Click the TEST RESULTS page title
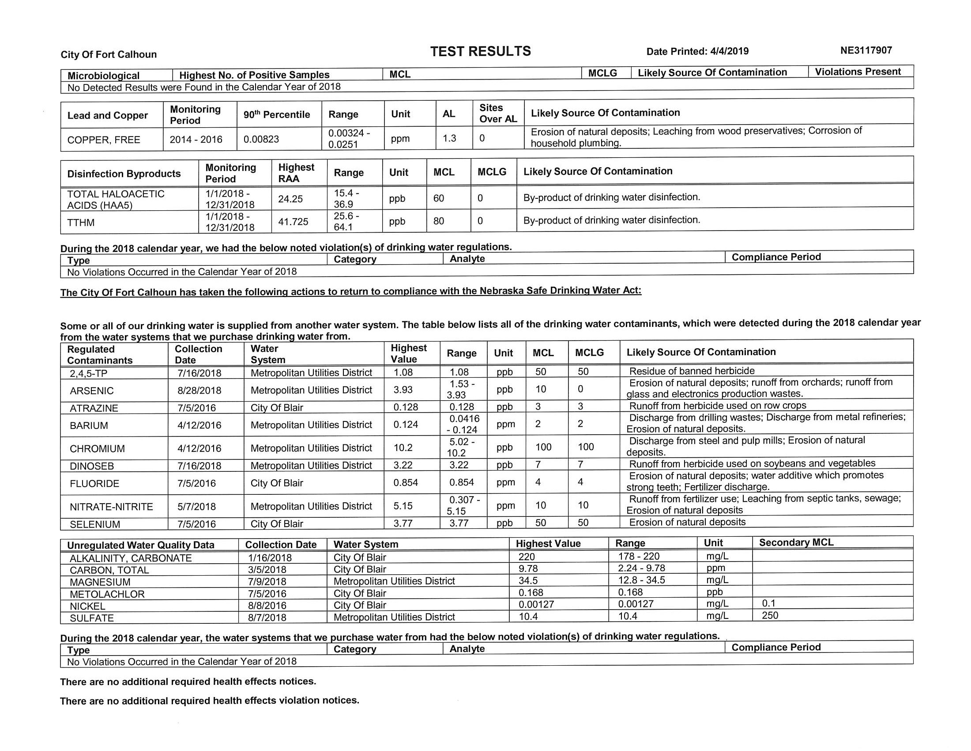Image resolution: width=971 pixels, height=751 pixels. point(480,51)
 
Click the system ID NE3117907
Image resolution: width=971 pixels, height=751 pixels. point(866,50)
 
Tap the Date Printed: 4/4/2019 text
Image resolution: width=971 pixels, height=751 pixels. point(697,52)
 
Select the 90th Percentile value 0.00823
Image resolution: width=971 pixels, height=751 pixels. point(261,139)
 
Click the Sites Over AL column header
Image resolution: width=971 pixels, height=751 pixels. point(498,113)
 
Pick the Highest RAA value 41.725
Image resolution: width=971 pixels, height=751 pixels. point(293,222)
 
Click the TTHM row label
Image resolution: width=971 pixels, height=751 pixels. point(80,223)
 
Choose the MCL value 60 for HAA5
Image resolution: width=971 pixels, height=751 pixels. point(438,198)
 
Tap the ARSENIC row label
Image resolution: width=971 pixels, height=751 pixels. point(92,391)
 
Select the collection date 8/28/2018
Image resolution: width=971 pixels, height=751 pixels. point(199,390)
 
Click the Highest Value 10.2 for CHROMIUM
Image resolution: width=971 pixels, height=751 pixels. point(403,448)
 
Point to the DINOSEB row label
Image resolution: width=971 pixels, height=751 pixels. point(92,466)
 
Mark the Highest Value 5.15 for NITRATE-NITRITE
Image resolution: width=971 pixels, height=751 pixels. point(403,506)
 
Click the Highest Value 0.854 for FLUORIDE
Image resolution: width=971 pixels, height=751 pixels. point(406,483)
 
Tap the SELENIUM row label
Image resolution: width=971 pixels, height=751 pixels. point(95,524)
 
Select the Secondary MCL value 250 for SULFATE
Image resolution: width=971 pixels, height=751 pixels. point(770,615)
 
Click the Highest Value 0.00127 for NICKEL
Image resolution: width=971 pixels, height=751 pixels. point(536,604)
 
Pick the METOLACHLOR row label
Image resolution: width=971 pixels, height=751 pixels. point(107,594)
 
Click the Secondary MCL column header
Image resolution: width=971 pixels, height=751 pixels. point(796,542)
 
